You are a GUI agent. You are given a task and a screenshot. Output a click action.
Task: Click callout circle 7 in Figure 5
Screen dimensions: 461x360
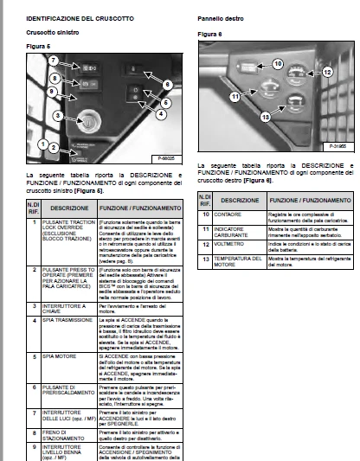coord(54,60)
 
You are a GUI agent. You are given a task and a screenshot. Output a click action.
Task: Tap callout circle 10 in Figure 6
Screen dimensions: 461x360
coord(278,64)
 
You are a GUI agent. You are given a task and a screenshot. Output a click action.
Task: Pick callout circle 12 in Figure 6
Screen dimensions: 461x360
coord(327,73)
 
